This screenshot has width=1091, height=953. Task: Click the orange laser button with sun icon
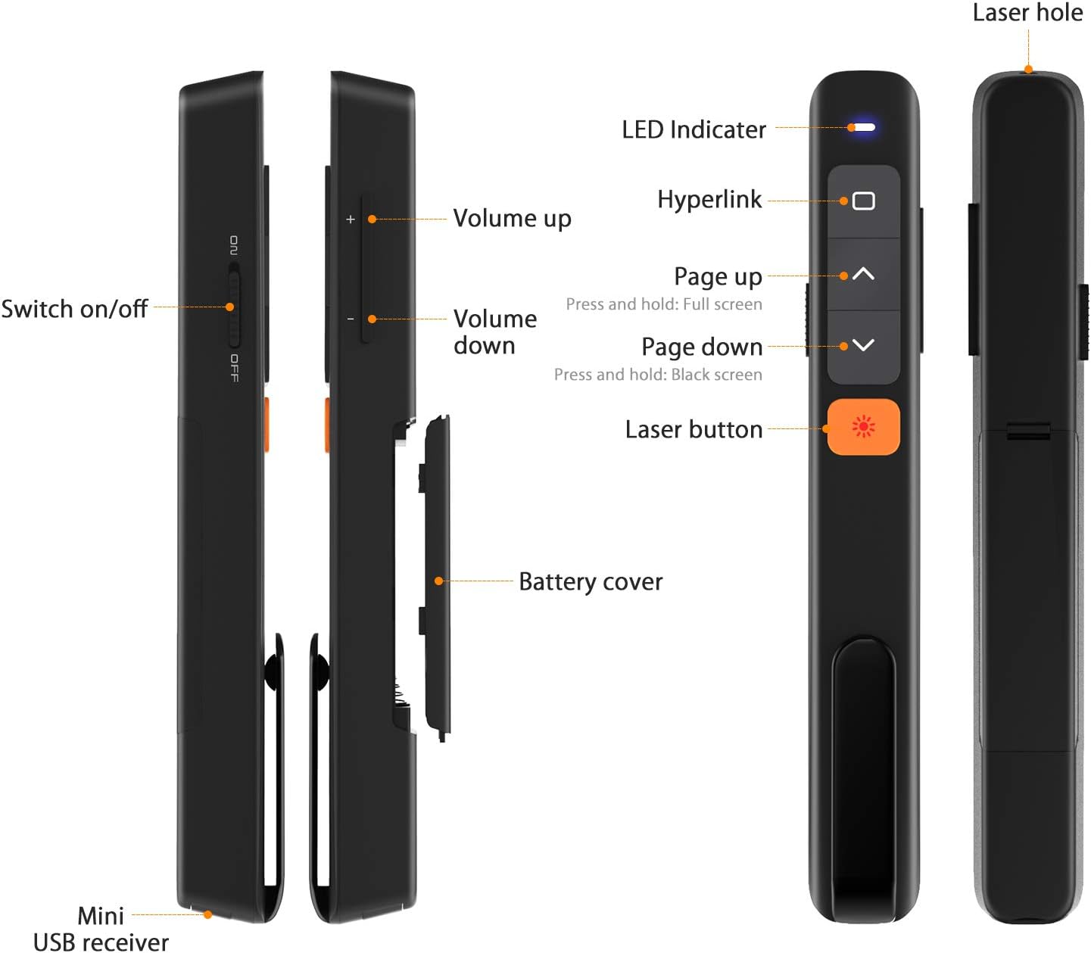[x=863, y=427]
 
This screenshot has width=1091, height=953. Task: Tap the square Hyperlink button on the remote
[x=863, y=201]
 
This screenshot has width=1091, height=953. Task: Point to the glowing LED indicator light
[x=863, y=127]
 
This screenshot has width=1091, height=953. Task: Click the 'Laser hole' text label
[x=1027, y=13]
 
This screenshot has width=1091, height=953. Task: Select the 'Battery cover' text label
[x=591, y=581]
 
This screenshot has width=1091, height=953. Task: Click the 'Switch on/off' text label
[x=74, y=309]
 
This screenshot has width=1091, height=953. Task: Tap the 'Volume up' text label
[x=512, y=219]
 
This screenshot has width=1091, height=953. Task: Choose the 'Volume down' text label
[x=494, y=332]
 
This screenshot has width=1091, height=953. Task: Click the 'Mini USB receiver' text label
[x=101, y=929]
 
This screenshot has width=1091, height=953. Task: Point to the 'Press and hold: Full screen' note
[x=664, y=304]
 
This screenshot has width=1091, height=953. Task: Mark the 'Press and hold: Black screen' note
[x=658, y=375]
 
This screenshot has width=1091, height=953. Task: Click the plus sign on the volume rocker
[x=350, y=220]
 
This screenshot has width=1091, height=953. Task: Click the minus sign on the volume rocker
[x=350, y=319]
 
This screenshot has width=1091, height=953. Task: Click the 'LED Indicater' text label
[x=694, y=130]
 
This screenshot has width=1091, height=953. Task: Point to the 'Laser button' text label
[x=694, y=430]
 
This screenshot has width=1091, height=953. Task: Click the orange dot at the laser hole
[x=1028, y=70]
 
